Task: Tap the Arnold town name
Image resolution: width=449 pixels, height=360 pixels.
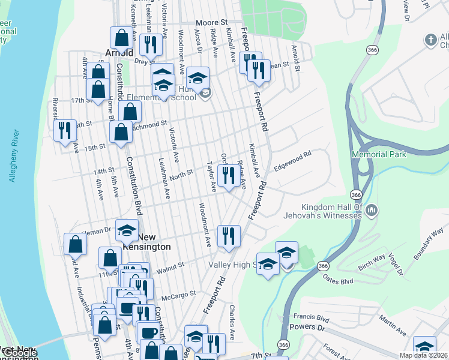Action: point(119,52)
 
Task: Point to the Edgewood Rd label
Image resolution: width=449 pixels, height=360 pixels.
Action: point(292,162)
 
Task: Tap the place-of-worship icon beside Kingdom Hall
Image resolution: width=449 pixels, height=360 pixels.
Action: point(372,210)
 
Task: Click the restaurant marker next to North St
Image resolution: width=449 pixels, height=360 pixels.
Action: point(228,176)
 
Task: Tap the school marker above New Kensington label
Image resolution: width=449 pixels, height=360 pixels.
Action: point(127,231)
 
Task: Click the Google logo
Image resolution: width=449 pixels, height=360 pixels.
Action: point(19,353)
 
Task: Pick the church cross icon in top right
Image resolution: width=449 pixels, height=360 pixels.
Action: point(429,40)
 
